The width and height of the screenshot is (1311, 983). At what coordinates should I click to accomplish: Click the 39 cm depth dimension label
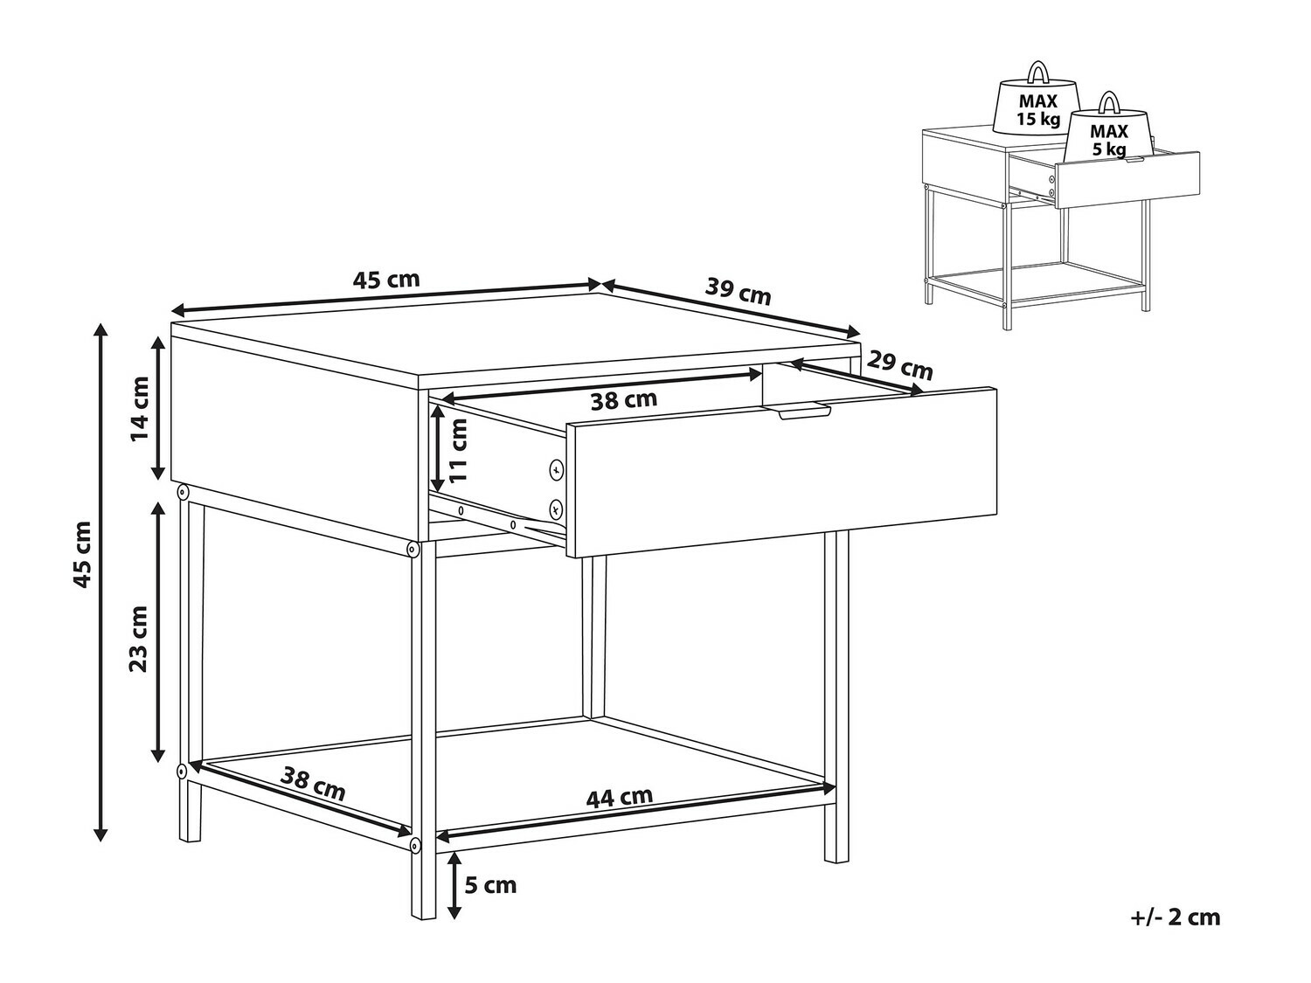point(739,291)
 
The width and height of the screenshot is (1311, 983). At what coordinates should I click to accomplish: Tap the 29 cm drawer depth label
point(899,365)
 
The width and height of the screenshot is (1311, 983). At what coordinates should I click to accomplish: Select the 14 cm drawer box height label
point(140,409)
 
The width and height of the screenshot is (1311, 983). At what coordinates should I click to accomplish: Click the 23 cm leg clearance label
point(139,639)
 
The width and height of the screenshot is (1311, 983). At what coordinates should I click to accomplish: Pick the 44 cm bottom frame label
point(620,796)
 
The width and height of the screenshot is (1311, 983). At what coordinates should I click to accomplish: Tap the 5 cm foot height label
point(490,884)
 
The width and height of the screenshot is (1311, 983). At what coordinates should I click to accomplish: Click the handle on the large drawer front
point(804,412)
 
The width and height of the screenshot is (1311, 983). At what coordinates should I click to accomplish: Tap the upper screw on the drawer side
point(557,470)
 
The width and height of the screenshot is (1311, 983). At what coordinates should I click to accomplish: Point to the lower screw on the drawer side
point(557,509)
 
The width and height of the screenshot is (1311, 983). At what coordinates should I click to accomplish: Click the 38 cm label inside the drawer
point(623,399)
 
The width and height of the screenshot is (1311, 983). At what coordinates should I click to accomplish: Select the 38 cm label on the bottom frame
point(313,785)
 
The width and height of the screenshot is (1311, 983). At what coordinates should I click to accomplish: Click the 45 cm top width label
point(385,280)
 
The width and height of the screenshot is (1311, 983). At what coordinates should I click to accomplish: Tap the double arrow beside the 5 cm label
point(454,885)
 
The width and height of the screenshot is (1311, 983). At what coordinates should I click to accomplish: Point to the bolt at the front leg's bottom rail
point(414,845)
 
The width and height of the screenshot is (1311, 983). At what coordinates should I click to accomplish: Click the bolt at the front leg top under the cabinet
point(412,549)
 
